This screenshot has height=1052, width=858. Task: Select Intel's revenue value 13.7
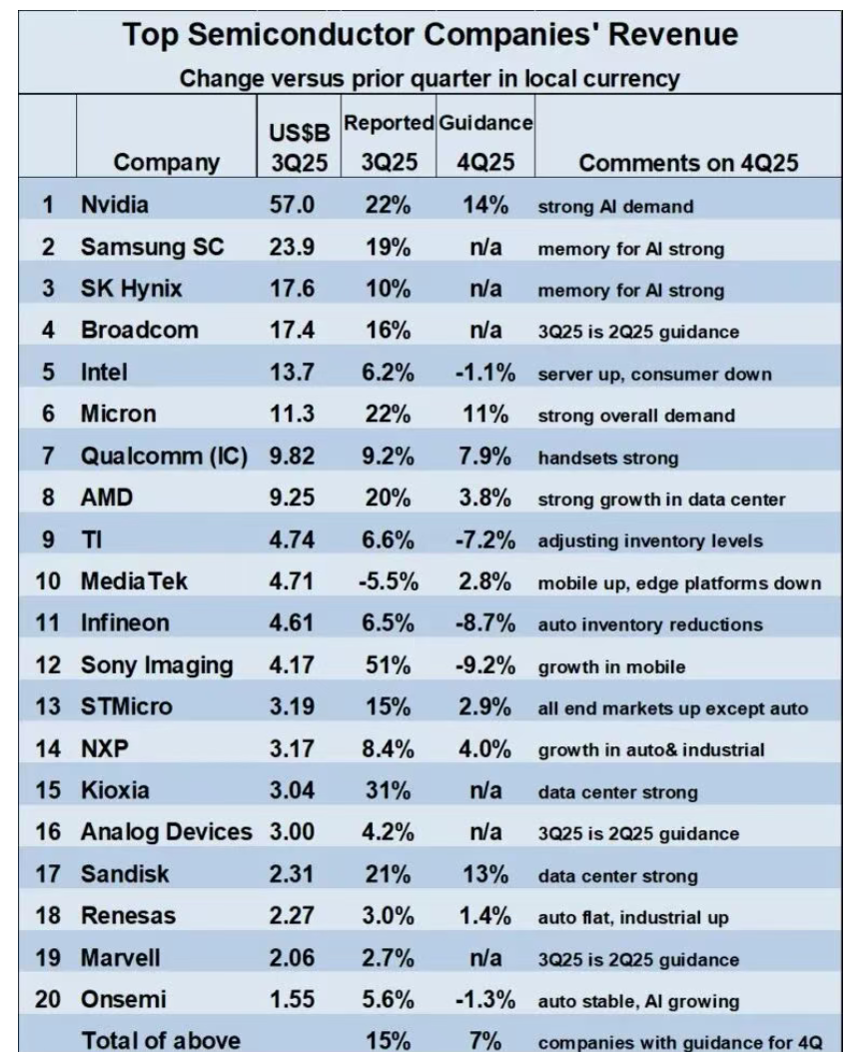(293, 375)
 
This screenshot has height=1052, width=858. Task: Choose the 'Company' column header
(167, 163)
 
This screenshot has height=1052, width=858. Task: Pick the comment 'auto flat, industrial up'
(632, 916)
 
